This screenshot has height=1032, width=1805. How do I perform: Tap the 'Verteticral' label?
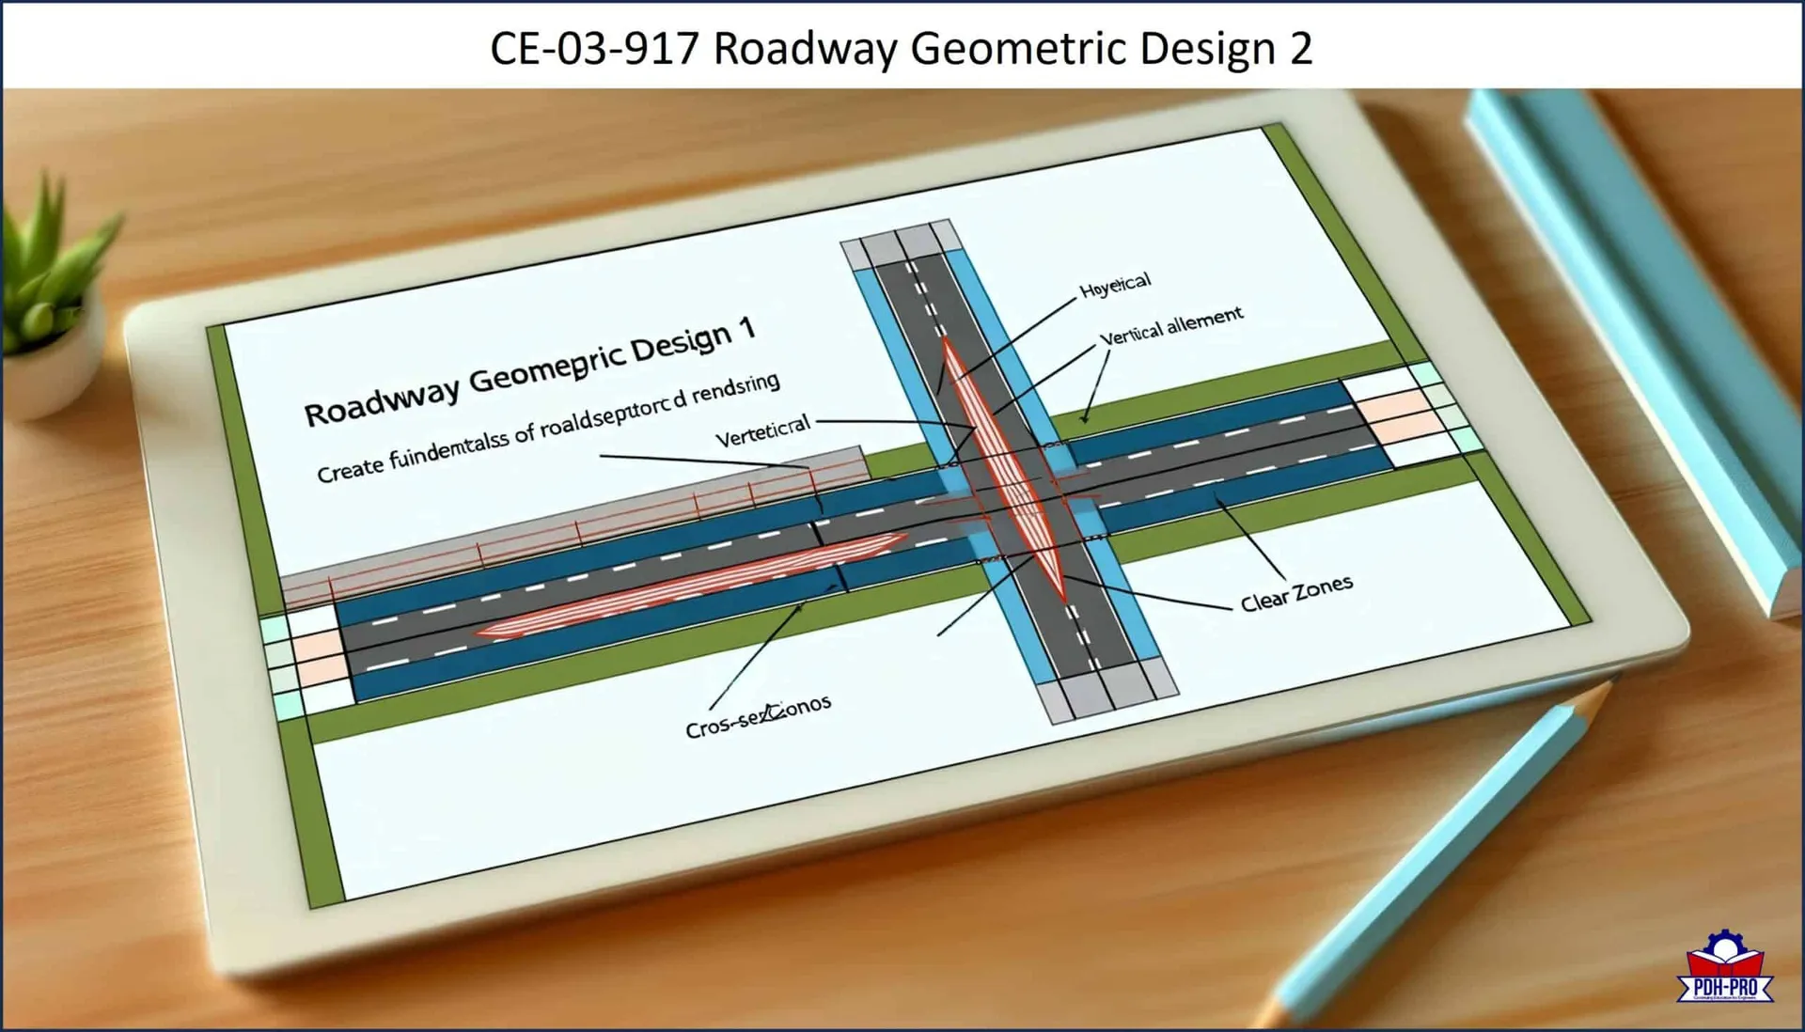(x=762, y=431)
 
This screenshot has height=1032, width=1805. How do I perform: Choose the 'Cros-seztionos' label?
(x=758, y=716)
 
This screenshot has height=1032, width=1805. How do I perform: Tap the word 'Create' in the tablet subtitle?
(x=349, y=466)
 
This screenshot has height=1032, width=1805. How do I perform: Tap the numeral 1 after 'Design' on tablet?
(x=746, y=328)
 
